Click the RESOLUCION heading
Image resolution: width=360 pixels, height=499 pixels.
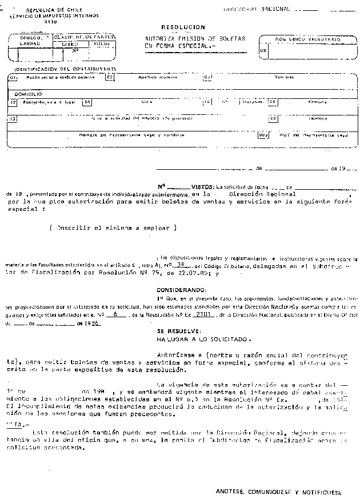click(183, 27)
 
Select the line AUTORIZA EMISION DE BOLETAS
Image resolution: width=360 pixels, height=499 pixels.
click(195, 38)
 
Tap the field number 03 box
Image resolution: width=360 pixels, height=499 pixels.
click(262, 50)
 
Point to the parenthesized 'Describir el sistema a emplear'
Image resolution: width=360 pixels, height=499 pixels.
click(113, 227)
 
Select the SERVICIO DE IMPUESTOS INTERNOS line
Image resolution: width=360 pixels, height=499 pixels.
click(47, 16)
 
